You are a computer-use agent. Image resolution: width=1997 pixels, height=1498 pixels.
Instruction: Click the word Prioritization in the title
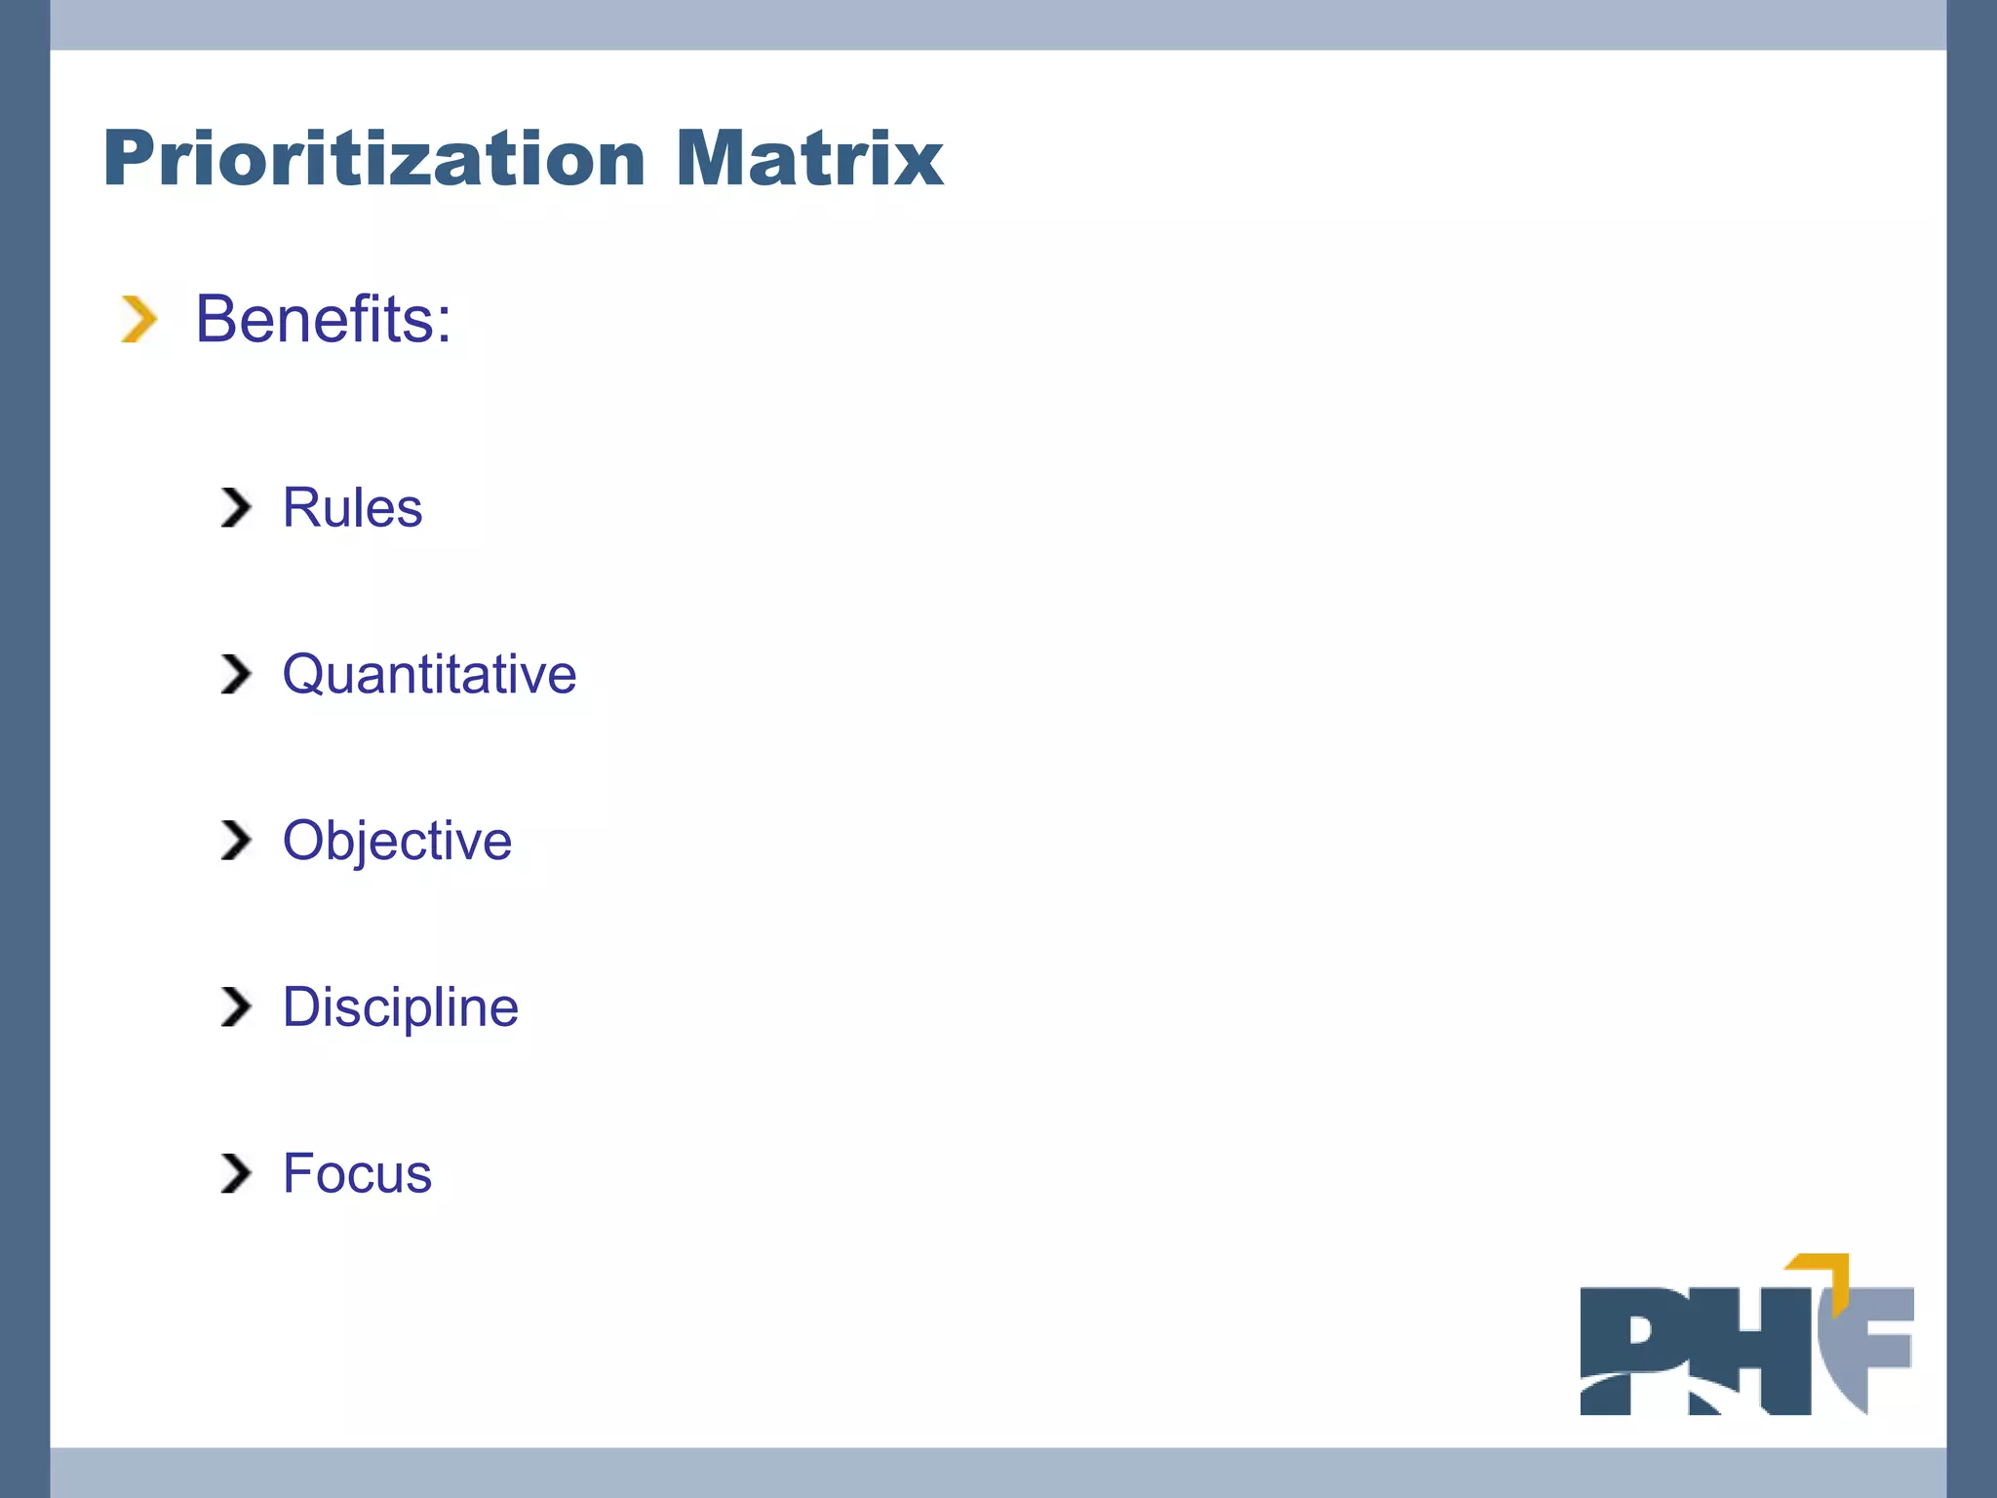tap(374, 158)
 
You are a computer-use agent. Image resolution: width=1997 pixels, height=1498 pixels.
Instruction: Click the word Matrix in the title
tap(808, 158)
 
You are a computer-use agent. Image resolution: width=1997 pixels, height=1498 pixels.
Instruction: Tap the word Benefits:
tap(323, 319)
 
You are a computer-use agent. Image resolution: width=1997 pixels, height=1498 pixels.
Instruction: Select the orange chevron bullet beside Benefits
tap(138, 320)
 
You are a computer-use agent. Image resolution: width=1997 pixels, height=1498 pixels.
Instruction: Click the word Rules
tap(352, 507)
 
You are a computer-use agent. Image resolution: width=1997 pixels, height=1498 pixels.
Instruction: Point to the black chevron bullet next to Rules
tap(236, 507)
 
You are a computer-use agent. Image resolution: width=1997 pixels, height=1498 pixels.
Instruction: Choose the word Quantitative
tap(429, 674)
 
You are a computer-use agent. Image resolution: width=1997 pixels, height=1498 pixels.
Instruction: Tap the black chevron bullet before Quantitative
tap(236, 674)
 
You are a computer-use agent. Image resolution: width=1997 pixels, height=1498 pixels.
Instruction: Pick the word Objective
tap(397, 841)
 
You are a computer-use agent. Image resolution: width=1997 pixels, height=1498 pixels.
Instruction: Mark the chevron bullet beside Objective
tap(236, 841)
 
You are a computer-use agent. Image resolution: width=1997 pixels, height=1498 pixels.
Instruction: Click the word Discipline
tap(400, 1006)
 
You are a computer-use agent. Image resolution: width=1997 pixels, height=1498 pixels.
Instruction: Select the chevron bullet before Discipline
tap(236, 1006)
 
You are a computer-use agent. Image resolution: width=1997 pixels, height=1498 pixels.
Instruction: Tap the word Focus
tap(357, 1173)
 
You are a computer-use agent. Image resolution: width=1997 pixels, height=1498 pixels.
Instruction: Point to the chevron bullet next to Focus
tap(236, 1173)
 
